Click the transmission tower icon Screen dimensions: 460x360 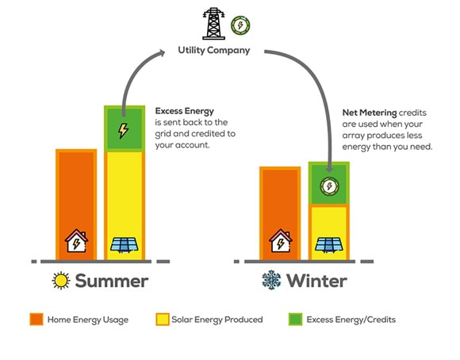(213, 24)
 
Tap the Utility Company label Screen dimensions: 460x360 (214, 50)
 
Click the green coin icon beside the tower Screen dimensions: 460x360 (240, 25)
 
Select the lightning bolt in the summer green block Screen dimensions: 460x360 (123, 131)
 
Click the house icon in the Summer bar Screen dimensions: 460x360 (76, 240)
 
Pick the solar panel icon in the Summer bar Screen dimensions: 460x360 (125, 245)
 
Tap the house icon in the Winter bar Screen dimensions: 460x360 (281, 240)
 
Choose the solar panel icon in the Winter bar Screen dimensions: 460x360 (329, 245)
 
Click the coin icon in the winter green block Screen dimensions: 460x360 (329, 186)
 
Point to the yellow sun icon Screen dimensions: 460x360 (61, 281)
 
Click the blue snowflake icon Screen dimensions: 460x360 (271, 280)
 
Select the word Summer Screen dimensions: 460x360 (112, 281)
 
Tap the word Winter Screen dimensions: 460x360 (316, 281)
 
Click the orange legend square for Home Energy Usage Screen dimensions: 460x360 (36, 320)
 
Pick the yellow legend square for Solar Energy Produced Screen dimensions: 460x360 (163, 320)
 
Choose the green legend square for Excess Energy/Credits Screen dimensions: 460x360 (295, 320)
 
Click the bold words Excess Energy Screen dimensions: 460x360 (185, 111)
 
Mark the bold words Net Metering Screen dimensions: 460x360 (370, 113)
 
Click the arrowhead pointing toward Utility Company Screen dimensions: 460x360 (161, 53)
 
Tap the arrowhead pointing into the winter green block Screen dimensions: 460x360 (329, 169)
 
